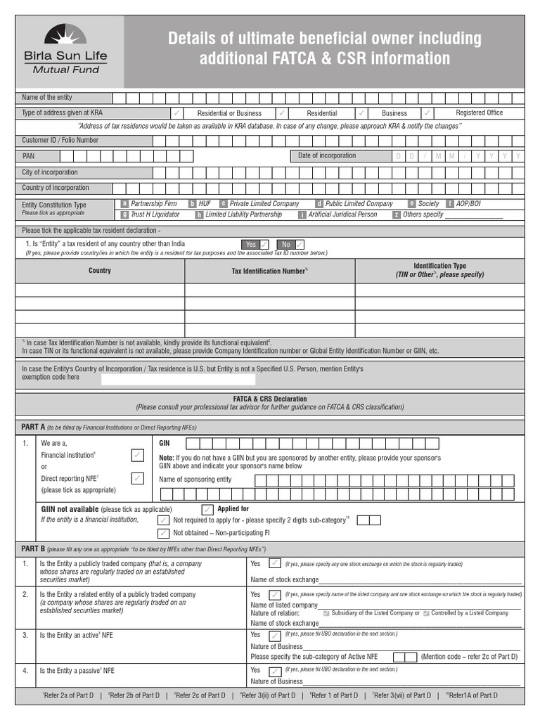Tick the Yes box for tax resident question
264,244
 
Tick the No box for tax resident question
300,244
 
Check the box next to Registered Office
427,112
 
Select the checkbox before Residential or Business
177,112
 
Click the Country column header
99,271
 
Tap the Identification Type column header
439,271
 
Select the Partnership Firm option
124,203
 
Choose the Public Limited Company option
319,203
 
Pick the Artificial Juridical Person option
302,214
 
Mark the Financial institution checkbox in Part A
137,456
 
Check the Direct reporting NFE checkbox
137,478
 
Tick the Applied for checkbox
207,509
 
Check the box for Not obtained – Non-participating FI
163,533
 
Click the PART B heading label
33,548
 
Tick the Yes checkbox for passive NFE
275,671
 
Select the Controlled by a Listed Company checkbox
425,613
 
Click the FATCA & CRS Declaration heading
270,399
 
